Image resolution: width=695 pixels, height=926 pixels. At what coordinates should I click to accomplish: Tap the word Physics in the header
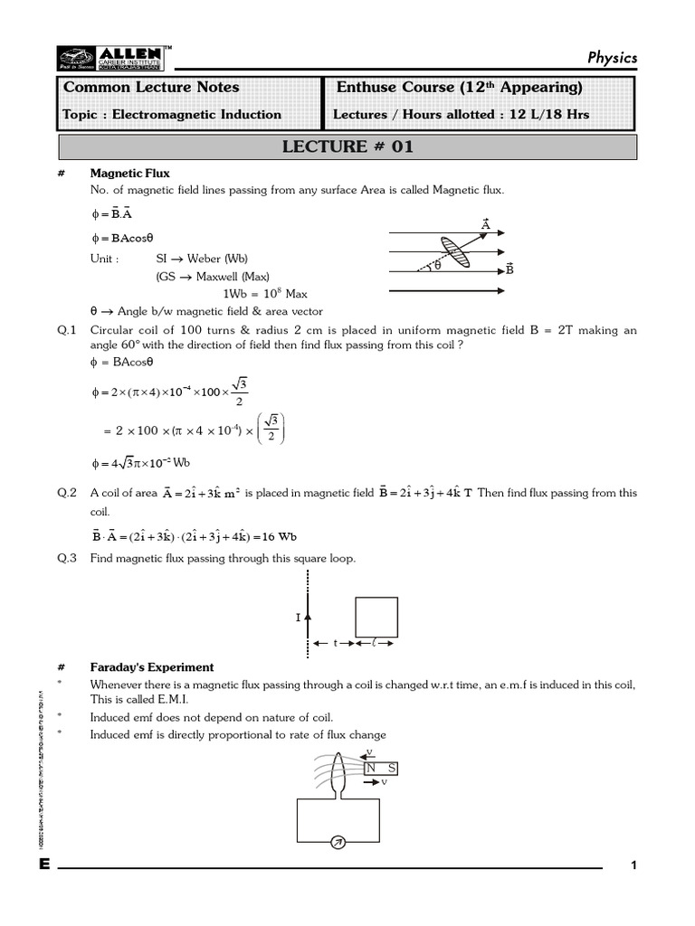(x=612, y=57)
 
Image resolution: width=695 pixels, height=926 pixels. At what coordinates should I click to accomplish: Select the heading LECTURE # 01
(x=348, y=146)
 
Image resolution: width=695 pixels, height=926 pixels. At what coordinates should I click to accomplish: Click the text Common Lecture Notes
(x=151, y=88)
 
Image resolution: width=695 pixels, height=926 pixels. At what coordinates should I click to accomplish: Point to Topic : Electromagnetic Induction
(x=172, y=115)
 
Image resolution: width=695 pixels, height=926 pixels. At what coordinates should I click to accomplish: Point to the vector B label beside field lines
(x=509, y=269)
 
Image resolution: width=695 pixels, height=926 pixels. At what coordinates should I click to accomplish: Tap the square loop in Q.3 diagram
(x=376, y=617)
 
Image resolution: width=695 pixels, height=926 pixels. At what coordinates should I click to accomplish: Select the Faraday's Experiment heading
(x=152, y=667)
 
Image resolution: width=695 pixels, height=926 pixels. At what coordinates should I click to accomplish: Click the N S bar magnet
(x=385, y=768)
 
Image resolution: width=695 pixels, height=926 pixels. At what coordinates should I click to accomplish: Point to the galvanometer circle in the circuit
(x=338, y=843)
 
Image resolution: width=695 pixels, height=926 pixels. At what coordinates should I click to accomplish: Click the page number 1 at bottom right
(x=634, y=866)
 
